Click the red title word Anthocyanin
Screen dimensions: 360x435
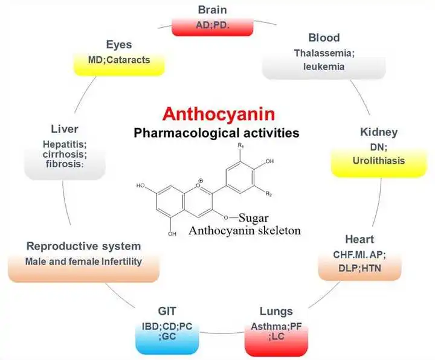(214, 114)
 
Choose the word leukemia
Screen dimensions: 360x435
(324, 66)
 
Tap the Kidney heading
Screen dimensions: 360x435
(378, 132)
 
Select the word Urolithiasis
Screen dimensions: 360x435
(379, 161)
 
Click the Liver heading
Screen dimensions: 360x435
(65, 129)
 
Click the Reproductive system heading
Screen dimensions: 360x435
(84, 246)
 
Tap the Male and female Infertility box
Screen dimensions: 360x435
(83, 262)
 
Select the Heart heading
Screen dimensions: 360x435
(360, 239)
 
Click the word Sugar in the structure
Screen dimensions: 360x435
(252, 217)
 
